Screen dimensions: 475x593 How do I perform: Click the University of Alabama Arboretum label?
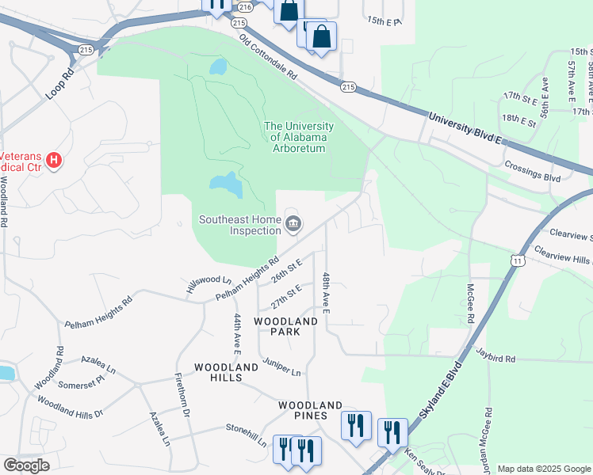click(x=298, y=137)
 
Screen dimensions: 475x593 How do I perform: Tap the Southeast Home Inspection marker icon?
click(x=293, y=226)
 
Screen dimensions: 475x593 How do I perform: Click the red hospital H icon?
click(x=54, y=161)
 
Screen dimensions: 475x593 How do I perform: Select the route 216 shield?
click(x=244, y=7)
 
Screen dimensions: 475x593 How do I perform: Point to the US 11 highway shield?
click(x=518, y=260)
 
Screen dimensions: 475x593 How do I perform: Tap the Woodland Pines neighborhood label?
click(x=310, y=411)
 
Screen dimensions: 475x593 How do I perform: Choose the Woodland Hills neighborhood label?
click(x=226, y=373)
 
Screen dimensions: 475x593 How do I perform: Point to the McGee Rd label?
click(x=470, y=302)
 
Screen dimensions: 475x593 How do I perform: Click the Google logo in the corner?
click(x=26, y=465)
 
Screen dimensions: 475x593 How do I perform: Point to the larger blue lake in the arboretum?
click(x=226, y=185)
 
